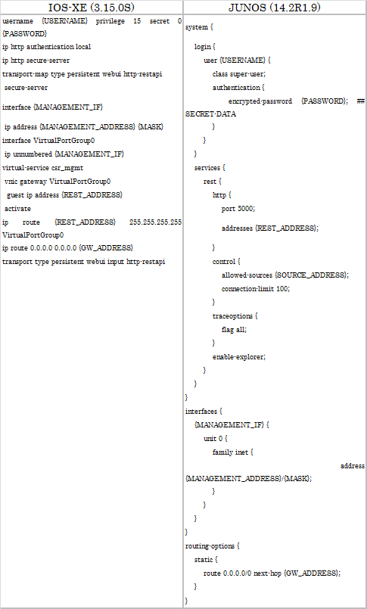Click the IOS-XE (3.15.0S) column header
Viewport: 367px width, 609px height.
pos(92,8)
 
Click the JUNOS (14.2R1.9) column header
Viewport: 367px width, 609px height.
pos(275,8)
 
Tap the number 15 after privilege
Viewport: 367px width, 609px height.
pos(137,21)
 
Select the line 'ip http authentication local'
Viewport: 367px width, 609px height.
pos(47,47)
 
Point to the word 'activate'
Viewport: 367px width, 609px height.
pos(17,209)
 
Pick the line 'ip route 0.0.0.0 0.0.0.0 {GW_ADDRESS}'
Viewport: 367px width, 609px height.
pos(67,248)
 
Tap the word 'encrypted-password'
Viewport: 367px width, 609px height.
pos(260,101)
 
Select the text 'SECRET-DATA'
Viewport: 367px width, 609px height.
pos(210,114)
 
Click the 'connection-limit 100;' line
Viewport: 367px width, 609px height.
pos(256,288)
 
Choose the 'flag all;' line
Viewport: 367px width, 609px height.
pos(234,329)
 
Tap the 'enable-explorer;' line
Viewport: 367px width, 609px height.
pos(239,356)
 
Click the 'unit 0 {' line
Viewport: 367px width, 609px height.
pos(215,439)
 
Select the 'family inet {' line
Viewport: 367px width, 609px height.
pos(232,452)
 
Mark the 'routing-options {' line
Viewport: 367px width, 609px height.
pos(213,546)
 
